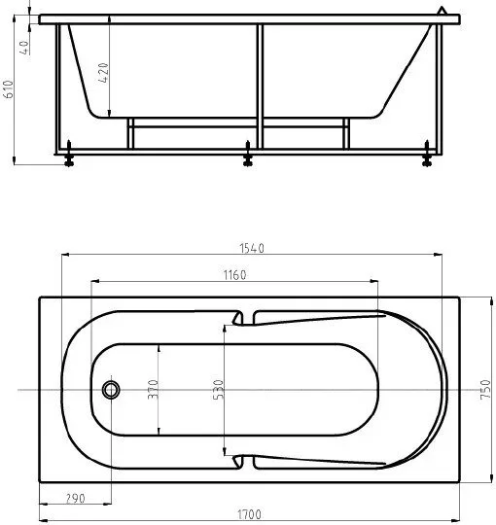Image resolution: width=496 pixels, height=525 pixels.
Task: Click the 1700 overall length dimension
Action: coord(249,514)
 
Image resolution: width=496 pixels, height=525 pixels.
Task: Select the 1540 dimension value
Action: coord(252,248)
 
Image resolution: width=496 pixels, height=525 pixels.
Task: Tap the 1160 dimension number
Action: coord(234,275)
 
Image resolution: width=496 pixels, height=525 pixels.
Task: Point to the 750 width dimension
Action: coord(485,389)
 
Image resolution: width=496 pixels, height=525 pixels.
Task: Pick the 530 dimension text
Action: coord(218,390)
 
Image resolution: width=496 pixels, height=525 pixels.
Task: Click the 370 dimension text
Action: coord(153,389)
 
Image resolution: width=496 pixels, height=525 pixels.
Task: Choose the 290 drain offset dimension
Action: coord(75,499)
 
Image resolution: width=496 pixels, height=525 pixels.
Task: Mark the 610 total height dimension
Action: coord(9,89)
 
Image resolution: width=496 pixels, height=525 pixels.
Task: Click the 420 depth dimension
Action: coord(103,73)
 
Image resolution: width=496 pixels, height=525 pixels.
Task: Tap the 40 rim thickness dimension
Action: coord(24,48)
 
